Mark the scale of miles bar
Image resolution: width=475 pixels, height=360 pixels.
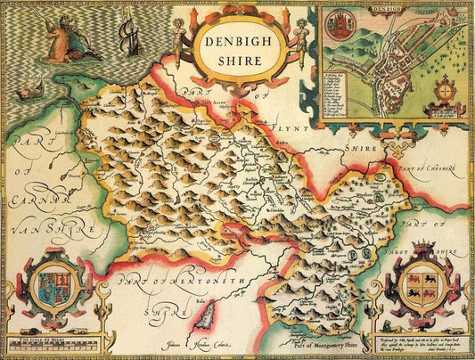(x=49, y=344)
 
